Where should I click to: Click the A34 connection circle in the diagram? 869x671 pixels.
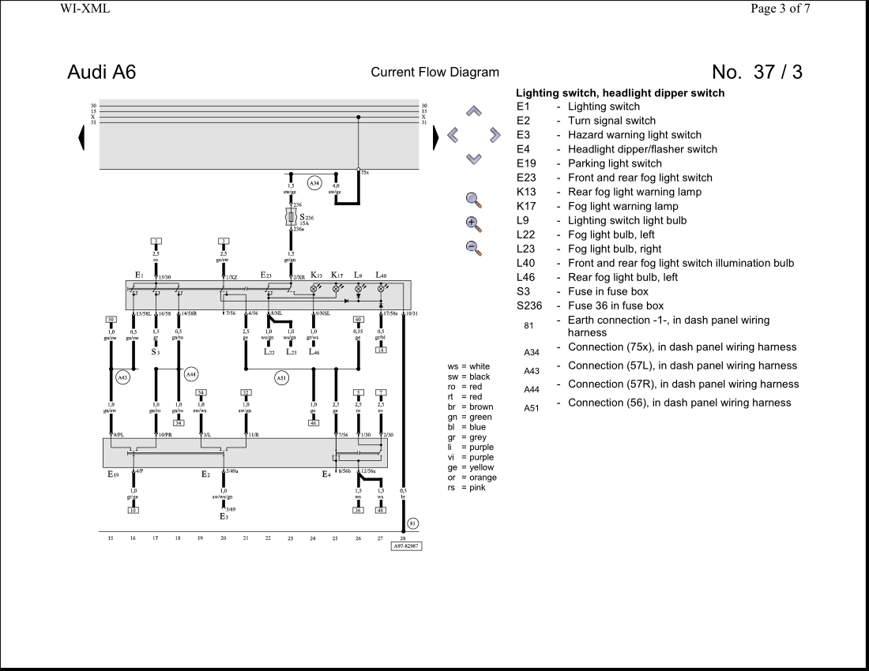tap(314, 183)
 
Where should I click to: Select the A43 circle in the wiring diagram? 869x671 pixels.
tap(122, 377)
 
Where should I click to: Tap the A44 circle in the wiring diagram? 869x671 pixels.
tap(192, 374)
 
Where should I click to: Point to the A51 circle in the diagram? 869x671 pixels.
tap(282, 378)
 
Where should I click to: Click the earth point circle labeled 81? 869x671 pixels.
tap(412, 523)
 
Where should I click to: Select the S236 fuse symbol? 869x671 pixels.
tap(291, 216)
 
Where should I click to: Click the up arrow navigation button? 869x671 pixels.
tap(473, 111)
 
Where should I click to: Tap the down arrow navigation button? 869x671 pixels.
tap(473, 159)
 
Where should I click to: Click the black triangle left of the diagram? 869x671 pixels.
tap(81, 138)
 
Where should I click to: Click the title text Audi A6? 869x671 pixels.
tap(102, 72)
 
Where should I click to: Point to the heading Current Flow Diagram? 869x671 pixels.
tap(434, 72)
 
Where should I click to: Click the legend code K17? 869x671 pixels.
tap(526, 206)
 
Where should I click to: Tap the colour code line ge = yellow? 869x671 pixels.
tap(470, 467)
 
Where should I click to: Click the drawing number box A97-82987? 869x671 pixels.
tap(407, 545)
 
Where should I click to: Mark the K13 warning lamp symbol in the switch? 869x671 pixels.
tap(314, 290)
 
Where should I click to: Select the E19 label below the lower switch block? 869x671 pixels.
tap(113, 475)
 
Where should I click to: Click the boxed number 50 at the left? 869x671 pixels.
tap(111, 319)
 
